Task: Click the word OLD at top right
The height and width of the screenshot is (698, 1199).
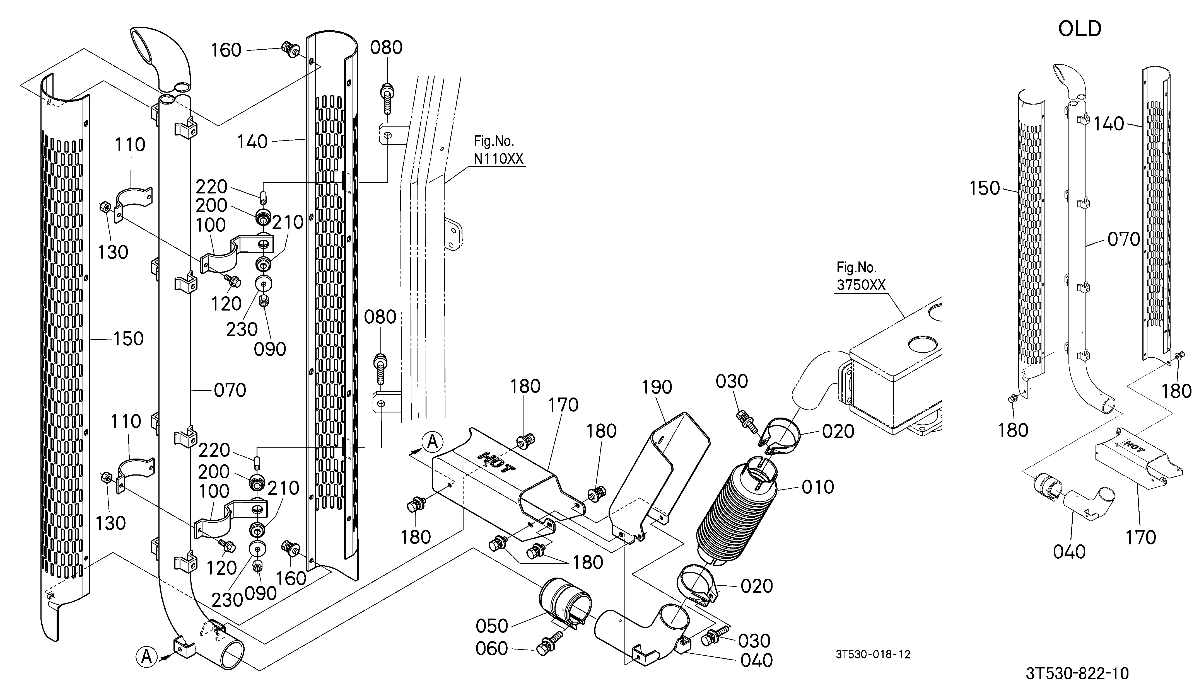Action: tap(1080, 29)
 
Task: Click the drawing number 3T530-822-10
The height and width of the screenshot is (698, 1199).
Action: tap(1077, 674)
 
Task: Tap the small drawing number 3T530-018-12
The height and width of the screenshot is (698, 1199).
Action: tap(873, 654)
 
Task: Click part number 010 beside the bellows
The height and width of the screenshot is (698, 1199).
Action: tap(818, 487)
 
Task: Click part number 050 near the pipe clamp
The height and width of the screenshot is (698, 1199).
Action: tap(492, 626)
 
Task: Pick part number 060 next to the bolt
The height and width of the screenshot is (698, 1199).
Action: tap(492, 649)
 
